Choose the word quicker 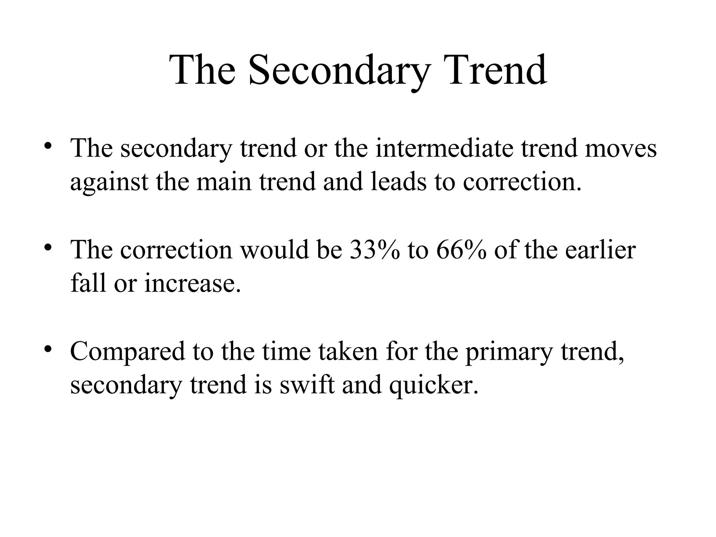[x=434, y=385]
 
